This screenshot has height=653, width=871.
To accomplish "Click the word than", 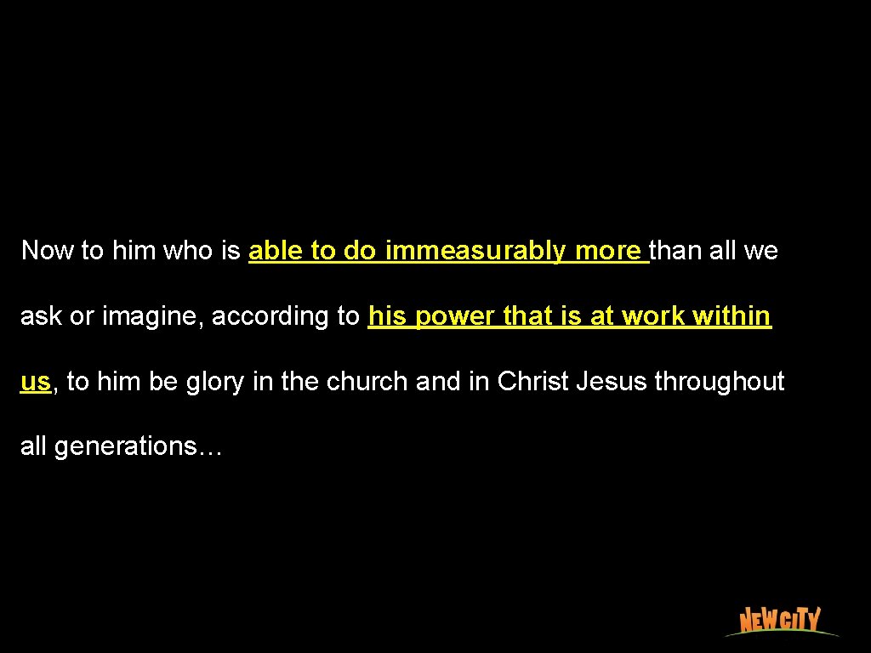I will (677, 251).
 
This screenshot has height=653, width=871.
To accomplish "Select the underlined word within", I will (732, 316).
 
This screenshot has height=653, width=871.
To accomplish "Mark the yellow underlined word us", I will (36, 382).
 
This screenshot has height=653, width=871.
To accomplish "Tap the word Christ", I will (533, 382).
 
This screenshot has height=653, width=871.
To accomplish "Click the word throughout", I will (720, 382).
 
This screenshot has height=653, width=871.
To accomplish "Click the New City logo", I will (780, 621).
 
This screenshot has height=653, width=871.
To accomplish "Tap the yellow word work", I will (654, 316).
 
